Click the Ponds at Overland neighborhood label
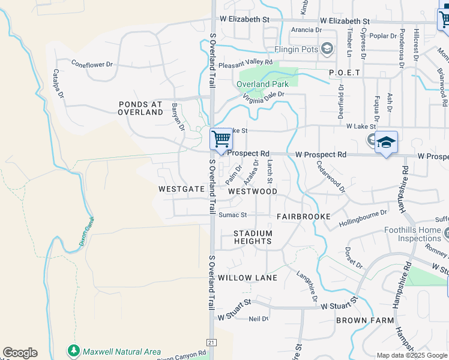(140, 108)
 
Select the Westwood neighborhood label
(253, 191)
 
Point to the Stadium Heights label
(253, 237)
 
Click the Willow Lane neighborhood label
(247, 278)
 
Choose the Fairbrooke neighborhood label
(304, 215)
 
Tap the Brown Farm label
(365, 320)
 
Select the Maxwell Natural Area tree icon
(74, 350)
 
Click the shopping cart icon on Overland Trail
(221, 139)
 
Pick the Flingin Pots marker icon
(327, 49)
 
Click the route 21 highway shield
(211, 342)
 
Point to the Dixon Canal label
(85, 231)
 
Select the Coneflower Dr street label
(92, 63)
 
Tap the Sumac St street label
(232, 215)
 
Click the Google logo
(20, 353)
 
